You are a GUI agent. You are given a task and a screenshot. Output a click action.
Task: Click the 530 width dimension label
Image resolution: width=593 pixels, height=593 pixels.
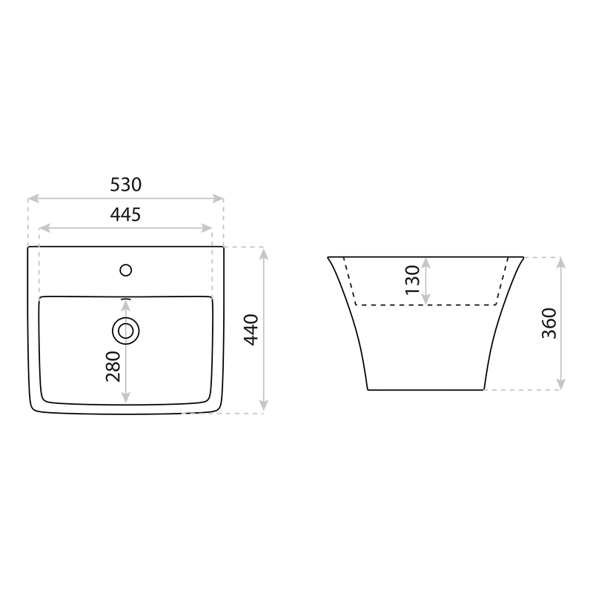tap(125, 185)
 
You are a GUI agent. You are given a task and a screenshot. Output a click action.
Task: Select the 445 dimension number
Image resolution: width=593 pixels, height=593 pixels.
tap(125, 214)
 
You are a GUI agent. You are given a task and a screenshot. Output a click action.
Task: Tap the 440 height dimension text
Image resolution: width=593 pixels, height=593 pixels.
tap(251, 330)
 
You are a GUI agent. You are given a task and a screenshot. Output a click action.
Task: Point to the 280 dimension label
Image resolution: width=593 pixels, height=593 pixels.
tap(113, 366)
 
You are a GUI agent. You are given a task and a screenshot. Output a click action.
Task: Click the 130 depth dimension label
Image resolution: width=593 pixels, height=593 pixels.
tap(413, 280)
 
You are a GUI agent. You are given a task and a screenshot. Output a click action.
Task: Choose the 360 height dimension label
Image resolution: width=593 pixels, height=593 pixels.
tap(549, 323)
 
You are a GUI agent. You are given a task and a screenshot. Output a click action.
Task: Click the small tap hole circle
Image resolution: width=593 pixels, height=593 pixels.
tap(125, 271)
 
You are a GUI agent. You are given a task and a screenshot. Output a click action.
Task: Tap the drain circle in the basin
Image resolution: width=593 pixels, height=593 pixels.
tap(125, 331)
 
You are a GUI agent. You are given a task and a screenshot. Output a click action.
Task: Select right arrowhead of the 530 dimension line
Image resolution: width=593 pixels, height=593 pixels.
tap(218, 198)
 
